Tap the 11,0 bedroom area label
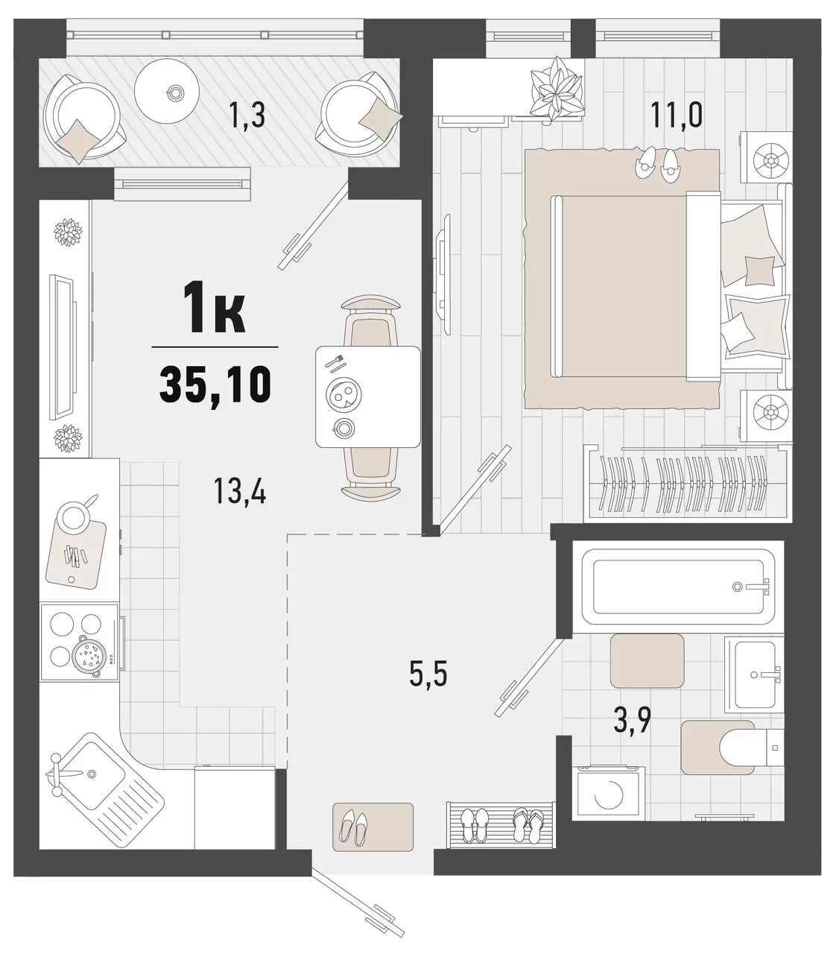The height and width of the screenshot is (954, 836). [677, 115]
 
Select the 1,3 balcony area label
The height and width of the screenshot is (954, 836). [247, 116]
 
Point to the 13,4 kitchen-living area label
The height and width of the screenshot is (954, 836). [240, 490]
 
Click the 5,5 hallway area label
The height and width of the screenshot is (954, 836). [428, 675]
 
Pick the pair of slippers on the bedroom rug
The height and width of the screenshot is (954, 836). [658, 163]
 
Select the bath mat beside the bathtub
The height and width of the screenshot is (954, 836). [647, 660]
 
